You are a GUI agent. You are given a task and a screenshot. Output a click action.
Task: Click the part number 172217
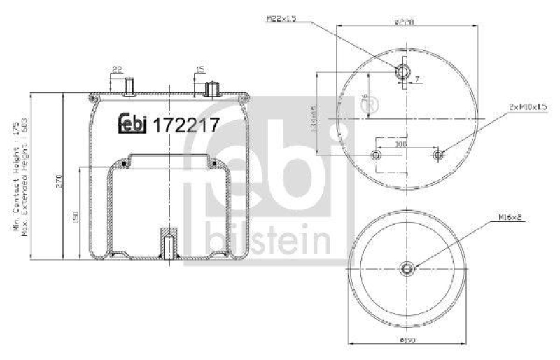(186, 125)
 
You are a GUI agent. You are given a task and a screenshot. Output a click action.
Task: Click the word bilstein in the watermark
(269, 240)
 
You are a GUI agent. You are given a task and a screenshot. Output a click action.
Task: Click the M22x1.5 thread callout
(281, 20)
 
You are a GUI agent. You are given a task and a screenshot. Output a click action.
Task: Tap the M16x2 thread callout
(512, 218)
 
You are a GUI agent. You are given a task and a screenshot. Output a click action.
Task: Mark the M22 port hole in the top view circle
(402, 71)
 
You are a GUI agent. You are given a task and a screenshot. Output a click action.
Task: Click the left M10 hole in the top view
(377, 154)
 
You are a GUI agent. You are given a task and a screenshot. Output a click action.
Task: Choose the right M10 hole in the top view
(438, 154)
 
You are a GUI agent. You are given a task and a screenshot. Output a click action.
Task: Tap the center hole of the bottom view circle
(408, 269)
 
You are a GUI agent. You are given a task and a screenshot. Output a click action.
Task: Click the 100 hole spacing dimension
(401, 144)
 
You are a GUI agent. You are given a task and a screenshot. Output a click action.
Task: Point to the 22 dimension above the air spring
(117, 69)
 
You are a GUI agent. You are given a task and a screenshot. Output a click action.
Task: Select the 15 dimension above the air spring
(200, 69)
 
